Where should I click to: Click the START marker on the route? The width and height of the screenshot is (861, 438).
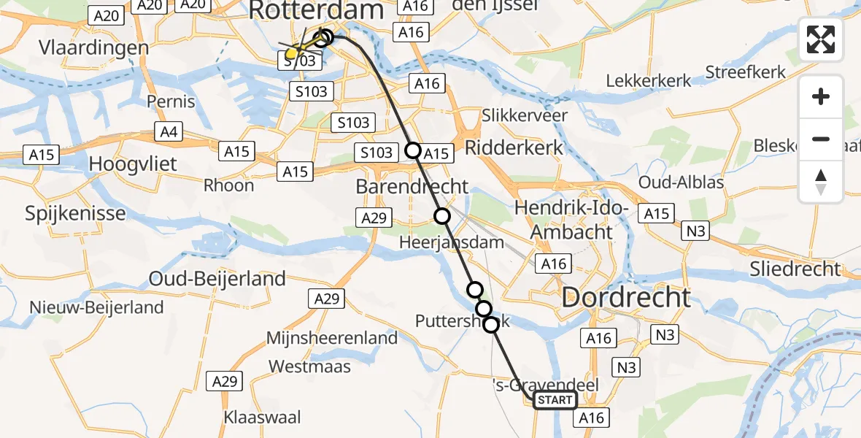point(555,400)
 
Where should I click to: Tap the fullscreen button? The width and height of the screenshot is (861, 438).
point(821,39)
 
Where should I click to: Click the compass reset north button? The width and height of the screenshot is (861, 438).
point(821,182)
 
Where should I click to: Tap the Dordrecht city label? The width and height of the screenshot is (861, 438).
point(625,298)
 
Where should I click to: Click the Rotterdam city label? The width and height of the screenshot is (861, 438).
point(316,11)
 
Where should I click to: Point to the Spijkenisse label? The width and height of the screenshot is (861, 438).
point(75,214)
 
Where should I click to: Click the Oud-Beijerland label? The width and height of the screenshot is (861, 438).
point(217,279)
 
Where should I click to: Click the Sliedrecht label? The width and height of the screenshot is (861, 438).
point(795,269)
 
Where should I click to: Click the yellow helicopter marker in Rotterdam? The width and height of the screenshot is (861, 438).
point(293,53)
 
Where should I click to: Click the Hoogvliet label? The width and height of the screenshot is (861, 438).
point(132,164)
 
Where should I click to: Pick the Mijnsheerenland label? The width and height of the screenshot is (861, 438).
point(332,338)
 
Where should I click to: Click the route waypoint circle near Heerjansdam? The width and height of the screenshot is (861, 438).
point(442,215)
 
